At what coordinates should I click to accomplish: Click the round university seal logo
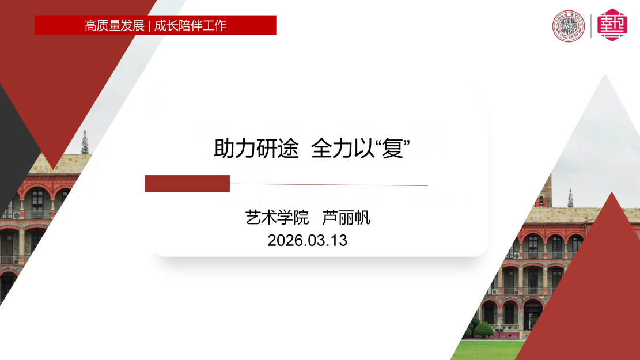click(x=568, y=26)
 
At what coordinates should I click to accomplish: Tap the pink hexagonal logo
click(x=612, y=25)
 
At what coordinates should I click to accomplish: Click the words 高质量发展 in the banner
click(x=114, y=25)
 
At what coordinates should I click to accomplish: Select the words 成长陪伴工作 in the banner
click(x=190, y=25)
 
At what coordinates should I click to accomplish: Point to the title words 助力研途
click(x=256, y=148)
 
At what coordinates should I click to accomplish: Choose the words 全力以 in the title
click(x=343, y=148)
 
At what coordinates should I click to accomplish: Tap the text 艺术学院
click(x=277, y=218)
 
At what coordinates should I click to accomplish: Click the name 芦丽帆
click(x=346, y=218)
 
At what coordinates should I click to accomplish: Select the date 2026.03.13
click(x=308, y=240)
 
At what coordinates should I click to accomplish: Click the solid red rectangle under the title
click(x=187, y=184)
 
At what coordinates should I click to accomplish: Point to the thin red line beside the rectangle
click(x=328, y=185)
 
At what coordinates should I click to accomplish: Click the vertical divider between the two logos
click(x=590, y=26)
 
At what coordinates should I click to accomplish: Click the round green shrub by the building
click(x=484, y=329)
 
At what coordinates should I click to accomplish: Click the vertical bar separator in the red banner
click(x=149, y=26)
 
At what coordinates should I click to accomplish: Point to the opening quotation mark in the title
click(x=377, y=143)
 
